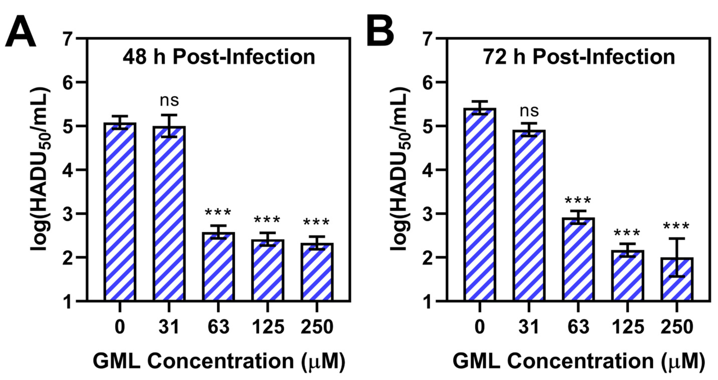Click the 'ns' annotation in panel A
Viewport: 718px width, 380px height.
(x=169, y=101)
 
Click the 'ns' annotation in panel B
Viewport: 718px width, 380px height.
(x=529, y=111)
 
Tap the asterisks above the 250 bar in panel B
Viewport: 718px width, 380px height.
(x=676, y=226)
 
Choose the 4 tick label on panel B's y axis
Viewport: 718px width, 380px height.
(x=428, y=170)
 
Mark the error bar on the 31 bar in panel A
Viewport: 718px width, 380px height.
(x=169, y=126)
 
